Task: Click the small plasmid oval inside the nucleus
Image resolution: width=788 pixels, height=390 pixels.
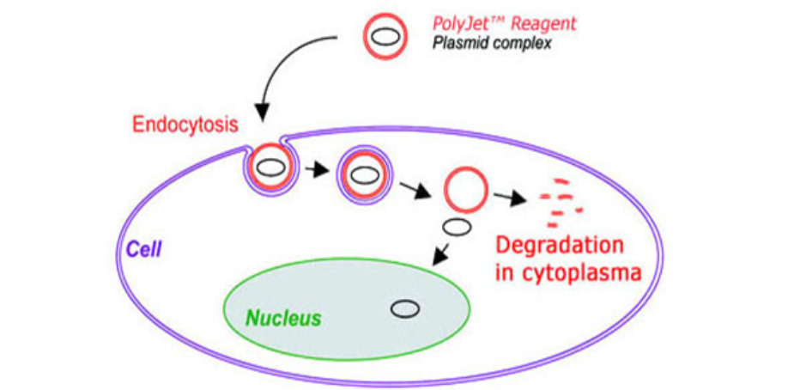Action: point(403,309)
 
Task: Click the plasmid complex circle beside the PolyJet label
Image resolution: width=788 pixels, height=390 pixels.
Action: point(383,37)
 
